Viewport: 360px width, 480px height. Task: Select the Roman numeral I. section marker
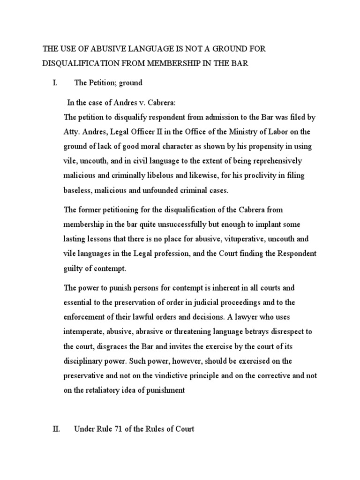pos(55,83)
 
